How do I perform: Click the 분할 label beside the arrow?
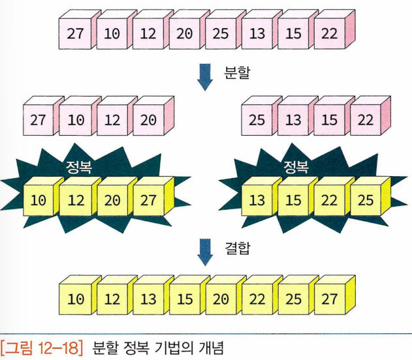(x=236, y=72)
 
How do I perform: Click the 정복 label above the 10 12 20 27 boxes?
(x=78, y=168)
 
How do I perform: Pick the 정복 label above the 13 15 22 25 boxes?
(x=296, y=168)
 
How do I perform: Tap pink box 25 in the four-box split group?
(x=257, y=121)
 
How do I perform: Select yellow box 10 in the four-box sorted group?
(x=39, y=200)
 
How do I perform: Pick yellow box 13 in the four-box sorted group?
(x=257, y=200)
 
